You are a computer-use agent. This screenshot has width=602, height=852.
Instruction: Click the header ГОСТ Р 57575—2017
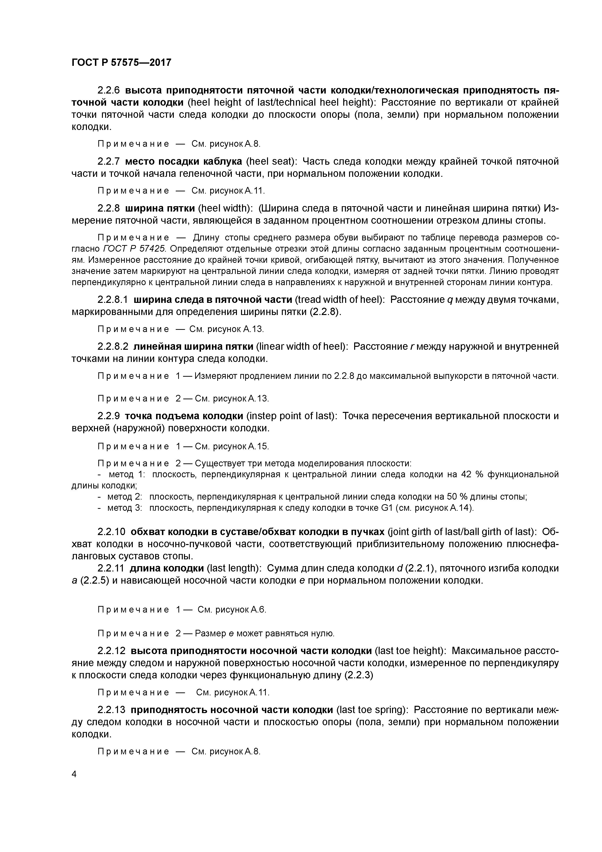coord(121,62)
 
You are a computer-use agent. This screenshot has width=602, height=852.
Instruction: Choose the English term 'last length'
coord(234,568)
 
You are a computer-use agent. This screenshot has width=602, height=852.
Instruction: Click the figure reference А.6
coord(259,609)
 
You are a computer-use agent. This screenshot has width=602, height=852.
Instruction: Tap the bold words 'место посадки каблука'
coord(184,162)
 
